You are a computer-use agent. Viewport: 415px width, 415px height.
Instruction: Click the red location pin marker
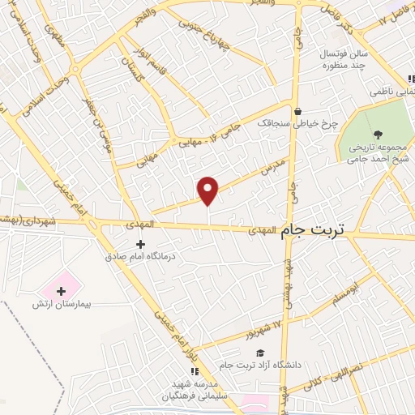tap(208, 190)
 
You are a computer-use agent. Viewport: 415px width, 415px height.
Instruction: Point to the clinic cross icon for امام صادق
tap(140, 243)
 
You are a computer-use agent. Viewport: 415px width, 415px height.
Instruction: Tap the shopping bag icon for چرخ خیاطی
tap(299, 112)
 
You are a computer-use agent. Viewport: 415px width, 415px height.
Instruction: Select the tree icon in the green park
tap(379, 135)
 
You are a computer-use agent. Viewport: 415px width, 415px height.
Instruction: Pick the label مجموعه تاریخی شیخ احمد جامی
tap(375, 154)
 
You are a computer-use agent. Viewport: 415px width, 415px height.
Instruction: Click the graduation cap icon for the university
tap(260, 353)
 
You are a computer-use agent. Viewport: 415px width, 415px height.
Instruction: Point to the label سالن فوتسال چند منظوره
tap(323, 59)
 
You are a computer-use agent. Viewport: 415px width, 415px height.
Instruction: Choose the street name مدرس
tap(274, 167)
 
